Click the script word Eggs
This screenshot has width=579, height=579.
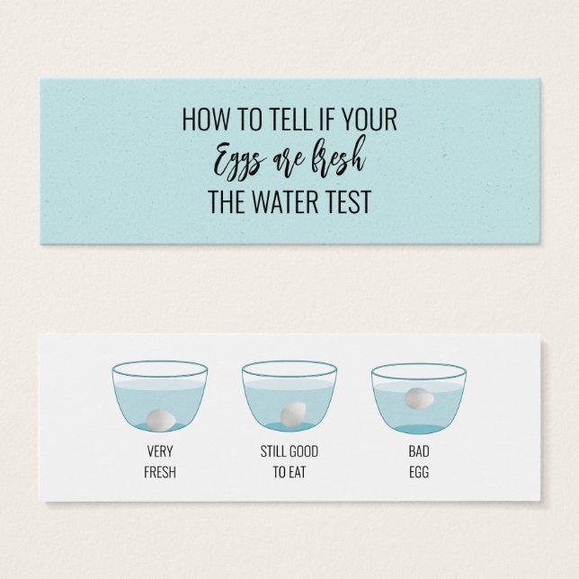pyautogui.click(x=237, y=163)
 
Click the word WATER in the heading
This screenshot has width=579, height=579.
pyautogui.click(x=288, y=202)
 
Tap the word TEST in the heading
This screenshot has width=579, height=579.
pyautogui.click(x=348, y=202)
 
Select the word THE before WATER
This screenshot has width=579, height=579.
pyautogui.click(x=228, y=202)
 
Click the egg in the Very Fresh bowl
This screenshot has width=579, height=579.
pyautogui.click(x=160, y=416)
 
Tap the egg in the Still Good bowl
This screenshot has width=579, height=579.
pyautogui.click(x=291, y=414)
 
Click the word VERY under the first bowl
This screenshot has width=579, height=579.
pyautogui.click(x=160, y=451)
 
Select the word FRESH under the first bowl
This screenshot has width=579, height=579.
pyautogui.click(x=160, y=471)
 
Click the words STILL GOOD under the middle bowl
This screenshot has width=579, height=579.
pyautogui.click(x=289, y=451)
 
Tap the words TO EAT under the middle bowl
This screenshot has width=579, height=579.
pyautogui.click(x=289, y=471)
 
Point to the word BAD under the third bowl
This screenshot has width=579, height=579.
pyautogui.click(x=419, y=451)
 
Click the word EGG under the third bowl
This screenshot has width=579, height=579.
pyautogui.click(x=419, y=471)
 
